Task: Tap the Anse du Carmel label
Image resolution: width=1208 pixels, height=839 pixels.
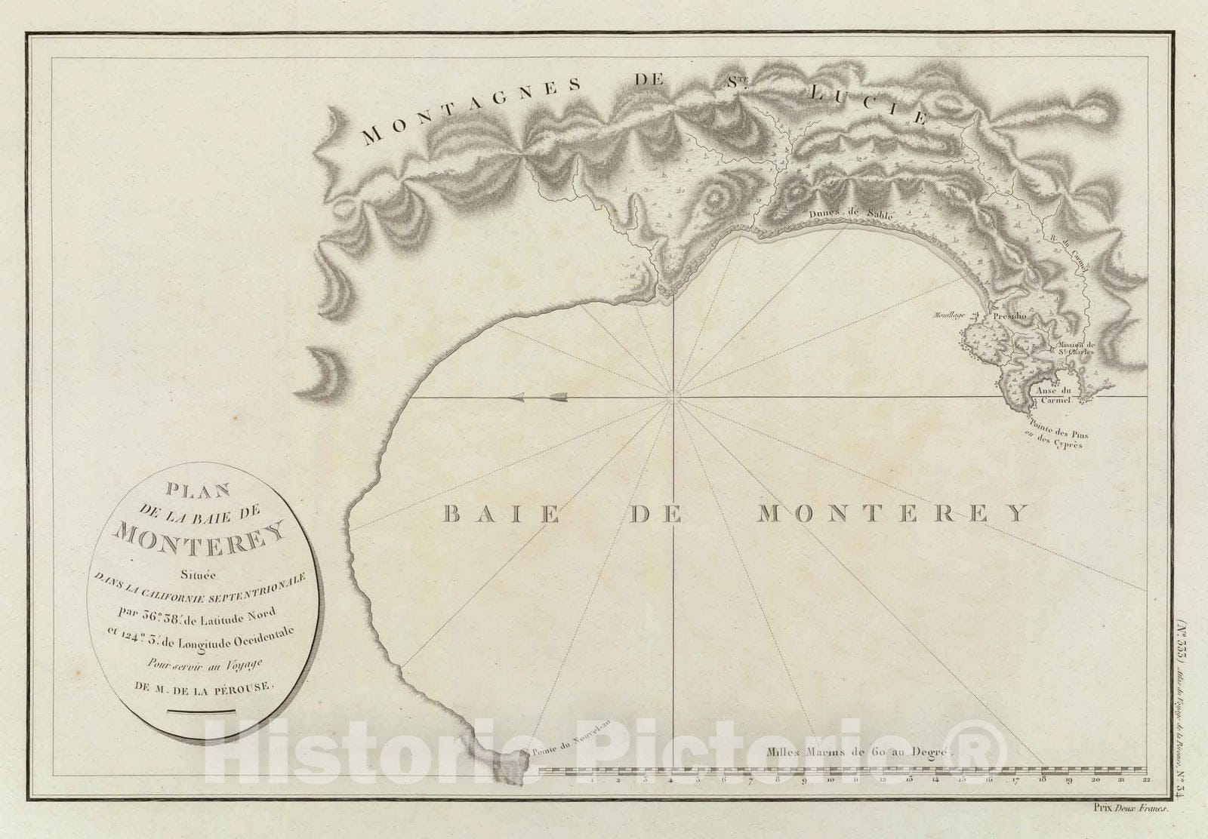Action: click(1056, 395)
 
